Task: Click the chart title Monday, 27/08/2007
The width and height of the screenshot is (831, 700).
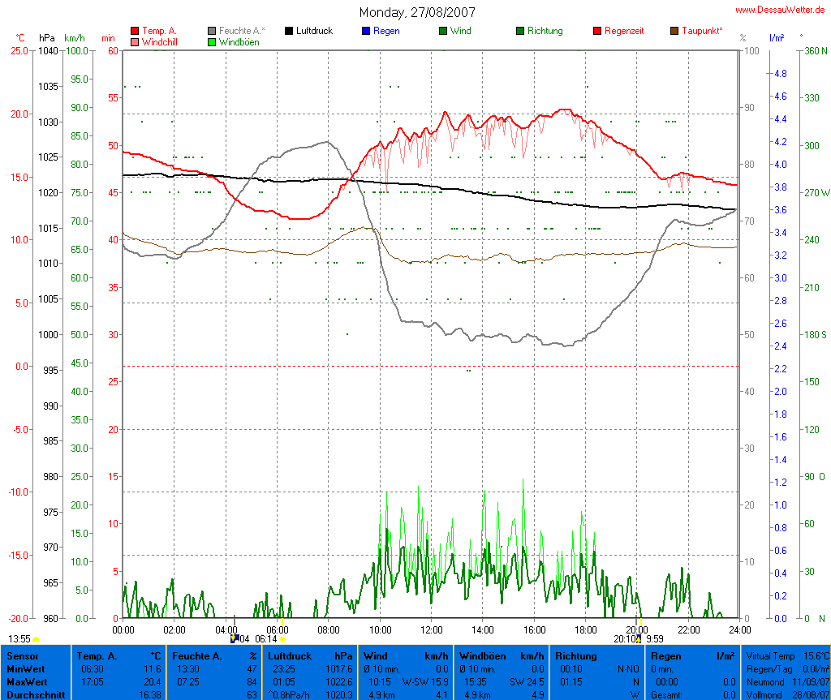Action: pyautogui.click(x=417, y=12)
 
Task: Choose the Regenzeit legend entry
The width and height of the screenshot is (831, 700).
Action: pyautogui.click(x=624, y=31)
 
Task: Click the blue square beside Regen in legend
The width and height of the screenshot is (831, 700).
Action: pyautogui.click(x=365, y=31)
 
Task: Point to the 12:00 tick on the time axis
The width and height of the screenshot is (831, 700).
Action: pyautogui.click(x=431, y=629)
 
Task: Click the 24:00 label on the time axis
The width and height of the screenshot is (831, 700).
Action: pyautogui.click(x=739, y=629)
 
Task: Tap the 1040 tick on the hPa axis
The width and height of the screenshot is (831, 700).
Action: pyautogui.click(x=48, y=50)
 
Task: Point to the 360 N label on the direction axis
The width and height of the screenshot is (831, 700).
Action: pyautogui.click(x=815, y=50)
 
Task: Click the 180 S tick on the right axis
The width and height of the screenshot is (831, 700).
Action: pyautogui.click(x=815, y=334)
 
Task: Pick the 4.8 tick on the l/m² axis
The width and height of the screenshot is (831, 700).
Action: pyautogui.click(x=780, y=73)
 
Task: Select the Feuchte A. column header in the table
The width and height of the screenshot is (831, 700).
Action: pyautogui.click(x=196, y=655)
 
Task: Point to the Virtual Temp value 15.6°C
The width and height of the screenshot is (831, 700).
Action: pyautogui.click(x=814, y=655)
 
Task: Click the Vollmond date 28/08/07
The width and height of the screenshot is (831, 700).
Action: pyautogui.click(x=811, y=695)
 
